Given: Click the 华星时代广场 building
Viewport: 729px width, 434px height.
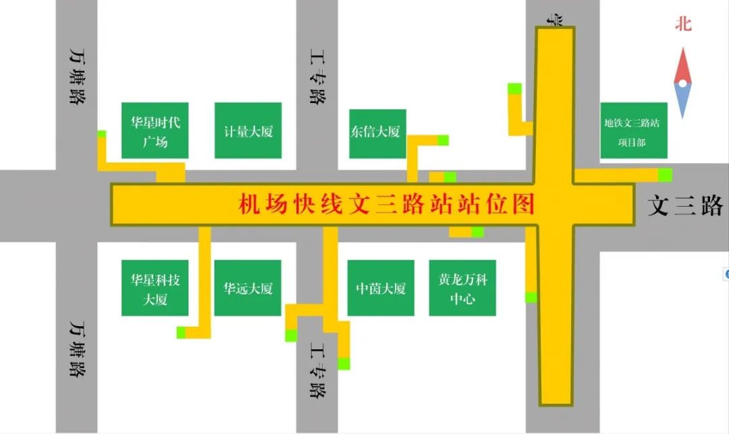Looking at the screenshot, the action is point(155,131).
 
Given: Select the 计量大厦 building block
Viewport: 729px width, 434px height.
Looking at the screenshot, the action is point(248,131).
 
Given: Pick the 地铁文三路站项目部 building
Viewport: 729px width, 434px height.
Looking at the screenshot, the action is point(633,131).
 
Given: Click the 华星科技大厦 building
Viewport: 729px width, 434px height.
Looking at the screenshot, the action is point(155,288).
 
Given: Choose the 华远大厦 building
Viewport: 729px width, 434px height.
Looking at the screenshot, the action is point(248,288).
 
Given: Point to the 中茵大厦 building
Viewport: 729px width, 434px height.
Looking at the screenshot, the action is point(381,288).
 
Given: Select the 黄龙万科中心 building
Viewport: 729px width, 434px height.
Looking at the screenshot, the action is point(462,288).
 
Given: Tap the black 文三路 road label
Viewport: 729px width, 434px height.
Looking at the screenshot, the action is point(684,206).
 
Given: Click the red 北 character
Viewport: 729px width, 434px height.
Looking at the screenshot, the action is point(684,25).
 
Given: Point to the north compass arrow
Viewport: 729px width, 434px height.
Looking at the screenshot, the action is point(683,83).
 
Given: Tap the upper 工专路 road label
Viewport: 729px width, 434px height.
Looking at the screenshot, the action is point(316,75).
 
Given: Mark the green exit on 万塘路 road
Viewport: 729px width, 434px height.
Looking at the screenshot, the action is point(101,133).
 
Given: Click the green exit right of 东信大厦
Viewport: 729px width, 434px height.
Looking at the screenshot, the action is point(443,140).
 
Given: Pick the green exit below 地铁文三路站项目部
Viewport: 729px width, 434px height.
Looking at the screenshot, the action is point(665,174).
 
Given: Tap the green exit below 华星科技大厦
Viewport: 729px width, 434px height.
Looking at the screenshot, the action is point(181,332).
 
